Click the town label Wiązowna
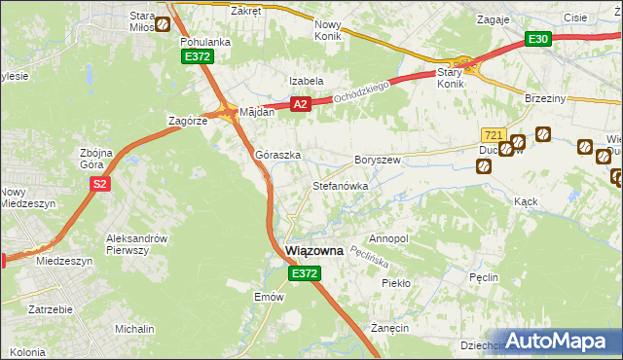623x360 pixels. point(314,251)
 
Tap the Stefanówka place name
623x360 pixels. point(339,185)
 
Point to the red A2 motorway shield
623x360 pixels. point(299,104)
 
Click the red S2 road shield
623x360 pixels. point(98,183)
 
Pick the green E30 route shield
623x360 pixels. point(538,39)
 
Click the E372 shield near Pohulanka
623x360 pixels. point(197,58)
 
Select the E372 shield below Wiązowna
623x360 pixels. point(303,275)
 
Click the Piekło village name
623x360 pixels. point(397,283)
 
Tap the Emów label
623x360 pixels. point(268,297)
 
